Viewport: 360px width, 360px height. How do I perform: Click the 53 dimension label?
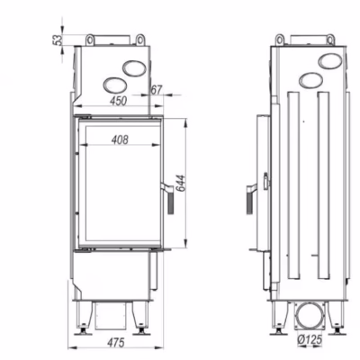pos(58,40)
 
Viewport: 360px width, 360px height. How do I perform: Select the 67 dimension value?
pos(157,89)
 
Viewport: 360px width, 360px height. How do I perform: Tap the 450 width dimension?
pos(118,101)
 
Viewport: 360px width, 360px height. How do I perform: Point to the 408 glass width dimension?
pos(120,139)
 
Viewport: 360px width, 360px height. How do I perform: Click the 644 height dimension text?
pos(181,183)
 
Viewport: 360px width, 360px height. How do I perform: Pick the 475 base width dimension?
pos(116,342)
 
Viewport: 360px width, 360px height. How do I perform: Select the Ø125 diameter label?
pos(310,339)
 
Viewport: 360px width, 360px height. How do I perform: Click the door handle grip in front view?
pos(171,203)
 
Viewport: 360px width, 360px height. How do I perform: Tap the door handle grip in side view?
pos(249,203)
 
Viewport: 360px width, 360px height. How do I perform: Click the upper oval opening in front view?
pos(135,68)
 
